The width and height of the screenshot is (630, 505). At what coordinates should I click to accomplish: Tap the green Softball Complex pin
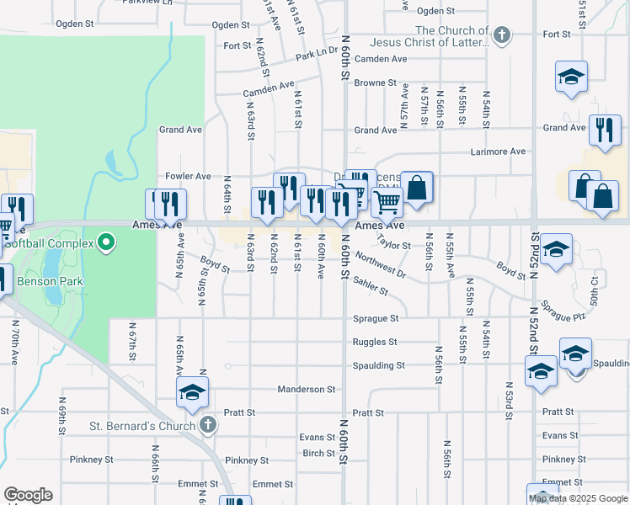[105, 244]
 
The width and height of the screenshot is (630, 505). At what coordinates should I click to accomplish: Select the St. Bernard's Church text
[142, 426]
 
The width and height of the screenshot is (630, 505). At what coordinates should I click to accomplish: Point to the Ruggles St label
[375, 343]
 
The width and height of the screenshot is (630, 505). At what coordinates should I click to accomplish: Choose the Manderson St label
[307, 390]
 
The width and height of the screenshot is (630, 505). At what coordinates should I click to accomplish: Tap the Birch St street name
[318, 454]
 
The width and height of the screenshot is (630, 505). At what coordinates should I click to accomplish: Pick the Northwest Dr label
[380, 264]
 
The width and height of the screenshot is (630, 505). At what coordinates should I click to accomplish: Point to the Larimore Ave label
[497, 151]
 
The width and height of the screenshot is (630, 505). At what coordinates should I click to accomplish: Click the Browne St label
[375, 83]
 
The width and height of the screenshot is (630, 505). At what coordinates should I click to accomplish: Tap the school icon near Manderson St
[192, 391]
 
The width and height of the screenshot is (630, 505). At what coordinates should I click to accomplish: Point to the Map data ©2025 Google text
[578, 498]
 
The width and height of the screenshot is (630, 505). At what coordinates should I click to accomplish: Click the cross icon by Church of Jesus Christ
[502, 35]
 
